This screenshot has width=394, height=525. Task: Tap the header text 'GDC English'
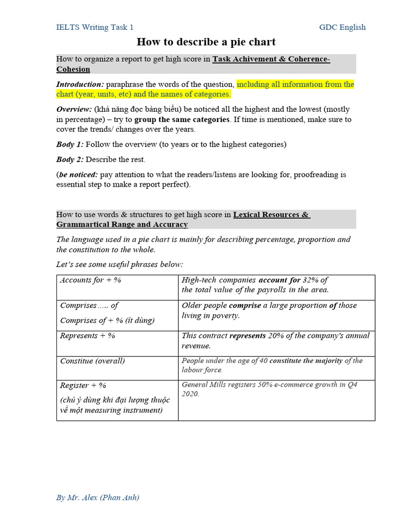(x=342, y=27)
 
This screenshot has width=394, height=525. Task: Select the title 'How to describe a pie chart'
(x=206, y=42)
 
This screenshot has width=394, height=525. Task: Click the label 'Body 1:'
(x=70, y=145)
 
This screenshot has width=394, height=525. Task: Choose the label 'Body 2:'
(x=70, y=159)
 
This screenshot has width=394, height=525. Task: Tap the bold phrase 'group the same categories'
(x=182, y=119)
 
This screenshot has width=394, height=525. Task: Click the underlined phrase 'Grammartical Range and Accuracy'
(x=122, y=225)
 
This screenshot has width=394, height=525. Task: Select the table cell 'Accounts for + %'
(x=91, y=280)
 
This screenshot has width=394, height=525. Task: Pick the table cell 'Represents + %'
(x=88, y=336)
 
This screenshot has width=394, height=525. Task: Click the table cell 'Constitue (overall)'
(x=92, y=361)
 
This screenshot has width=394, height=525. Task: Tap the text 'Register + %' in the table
(x=83, y=386)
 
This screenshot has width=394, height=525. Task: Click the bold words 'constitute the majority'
(x=306, y=361)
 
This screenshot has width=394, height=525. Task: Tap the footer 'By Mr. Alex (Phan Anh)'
(x=98, y=497)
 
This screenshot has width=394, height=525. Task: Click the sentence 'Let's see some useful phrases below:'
(x=120, y=265)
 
